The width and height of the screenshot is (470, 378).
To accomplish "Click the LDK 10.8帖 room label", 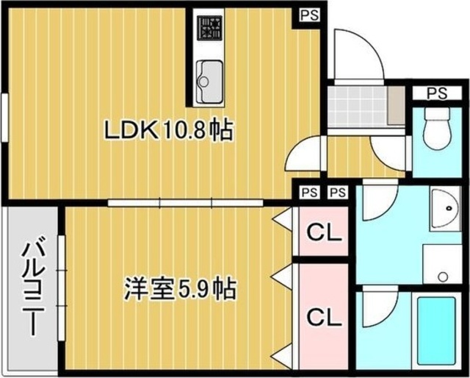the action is (x=168, y=130).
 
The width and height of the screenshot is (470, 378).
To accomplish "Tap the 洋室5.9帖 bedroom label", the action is (x=180, y=289).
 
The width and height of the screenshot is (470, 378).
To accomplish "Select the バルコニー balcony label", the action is (x=33, y=286).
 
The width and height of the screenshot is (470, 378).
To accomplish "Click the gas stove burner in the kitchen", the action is (x=209, y=28).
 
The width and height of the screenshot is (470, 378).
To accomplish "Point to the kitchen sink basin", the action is (x=210, y=82).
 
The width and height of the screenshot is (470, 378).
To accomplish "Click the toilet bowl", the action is (x=437, y=129).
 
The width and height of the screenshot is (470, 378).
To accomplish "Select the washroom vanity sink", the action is (x=446, y=208).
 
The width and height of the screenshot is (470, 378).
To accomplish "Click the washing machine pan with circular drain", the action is (x=442, y=264).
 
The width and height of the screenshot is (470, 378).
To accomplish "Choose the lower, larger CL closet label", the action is (x=325, y=318).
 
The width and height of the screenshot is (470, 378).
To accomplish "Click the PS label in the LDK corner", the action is (x=309, y=15).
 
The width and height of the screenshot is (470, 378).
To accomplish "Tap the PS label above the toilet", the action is (x=437, y=93).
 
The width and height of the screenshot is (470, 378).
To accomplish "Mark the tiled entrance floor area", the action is (x=358, y=107).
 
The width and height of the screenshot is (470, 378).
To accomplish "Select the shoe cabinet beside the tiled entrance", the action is (x=397, y=106).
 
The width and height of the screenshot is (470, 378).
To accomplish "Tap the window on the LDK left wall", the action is (x=4, y=117).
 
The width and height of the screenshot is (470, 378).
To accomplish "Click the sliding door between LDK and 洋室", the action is (x=186, y=203).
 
